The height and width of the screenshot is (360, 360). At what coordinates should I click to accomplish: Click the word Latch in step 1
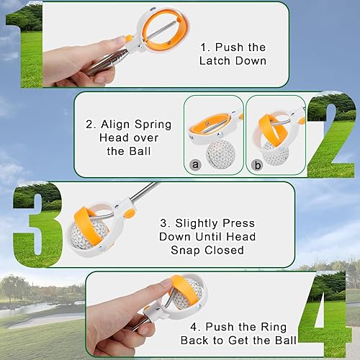[215, 60]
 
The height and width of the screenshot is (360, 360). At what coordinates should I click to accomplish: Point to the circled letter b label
[258, 165]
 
